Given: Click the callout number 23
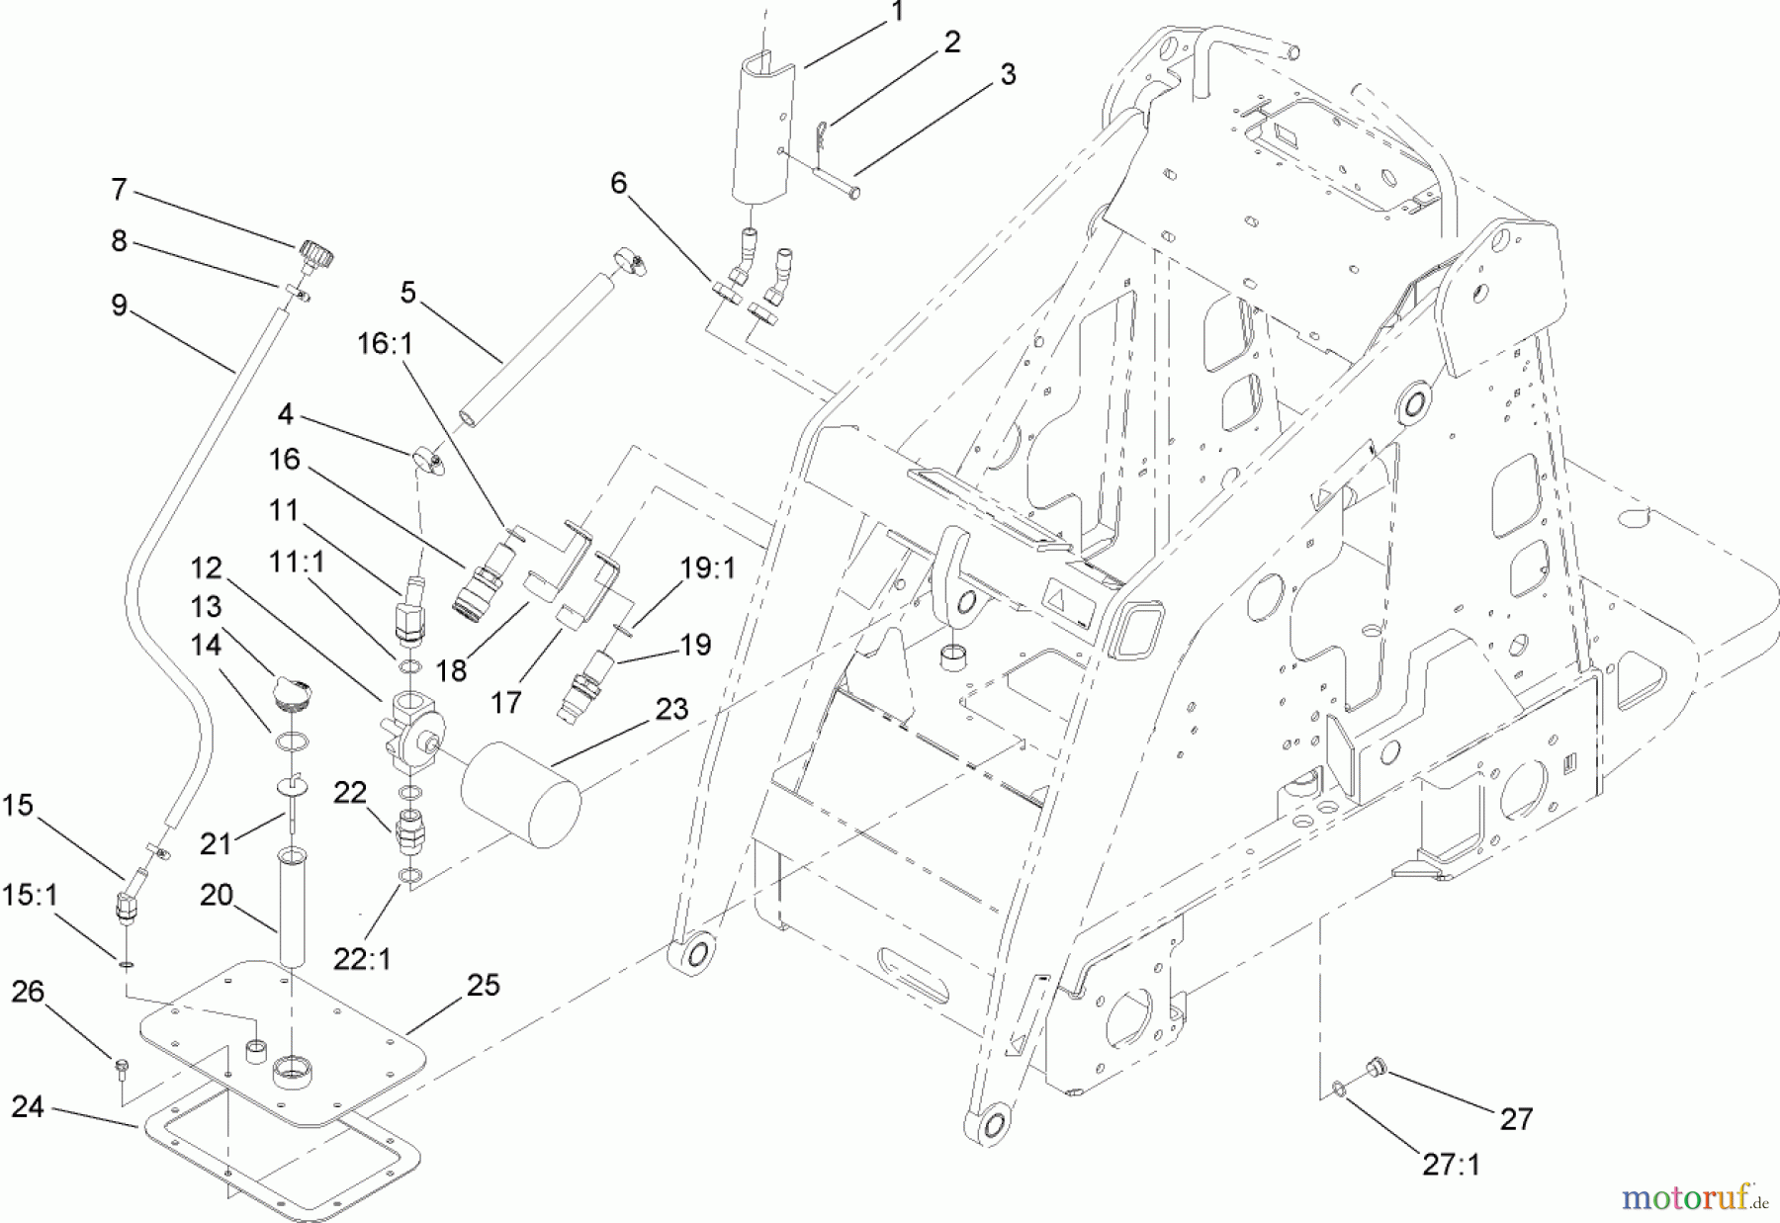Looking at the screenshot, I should click(671, 709).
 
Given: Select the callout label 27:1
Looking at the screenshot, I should click(1451, 1166).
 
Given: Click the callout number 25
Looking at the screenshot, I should click(484, 985).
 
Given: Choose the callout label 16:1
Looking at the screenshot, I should click(386, 343).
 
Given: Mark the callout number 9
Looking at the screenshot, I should click(120, 306).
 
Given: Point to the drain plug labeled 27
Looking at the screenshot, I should click(1373, 1066).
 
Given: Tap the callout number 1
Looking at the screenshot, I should click(897, 13).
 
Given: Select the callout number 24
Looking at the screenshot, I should click(28, 1106).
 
